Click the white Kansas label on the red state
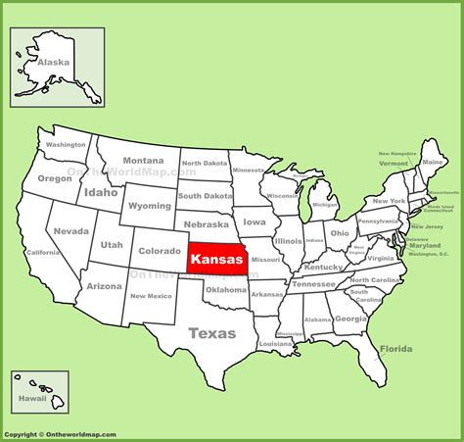[x=217, y=260]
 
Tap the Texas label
[x=212, y=333]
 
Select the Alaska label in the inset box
[x=54, y=62]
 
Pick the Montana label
[x=143, y=161]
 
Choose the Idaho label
[x=100, y=192]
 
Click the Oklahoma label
[x=226, y=289]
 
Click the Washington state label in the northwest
[x=67, y=145]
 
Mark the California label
[x=43, y=252]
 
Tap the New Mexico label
[x=152, y=297]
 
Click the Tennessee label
[x=314, y=283]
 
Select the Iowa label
[x=255, y=222]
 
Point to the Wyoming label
[x=149, y=206]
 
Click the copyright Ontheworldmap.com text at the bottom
[x=61, y=433]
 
